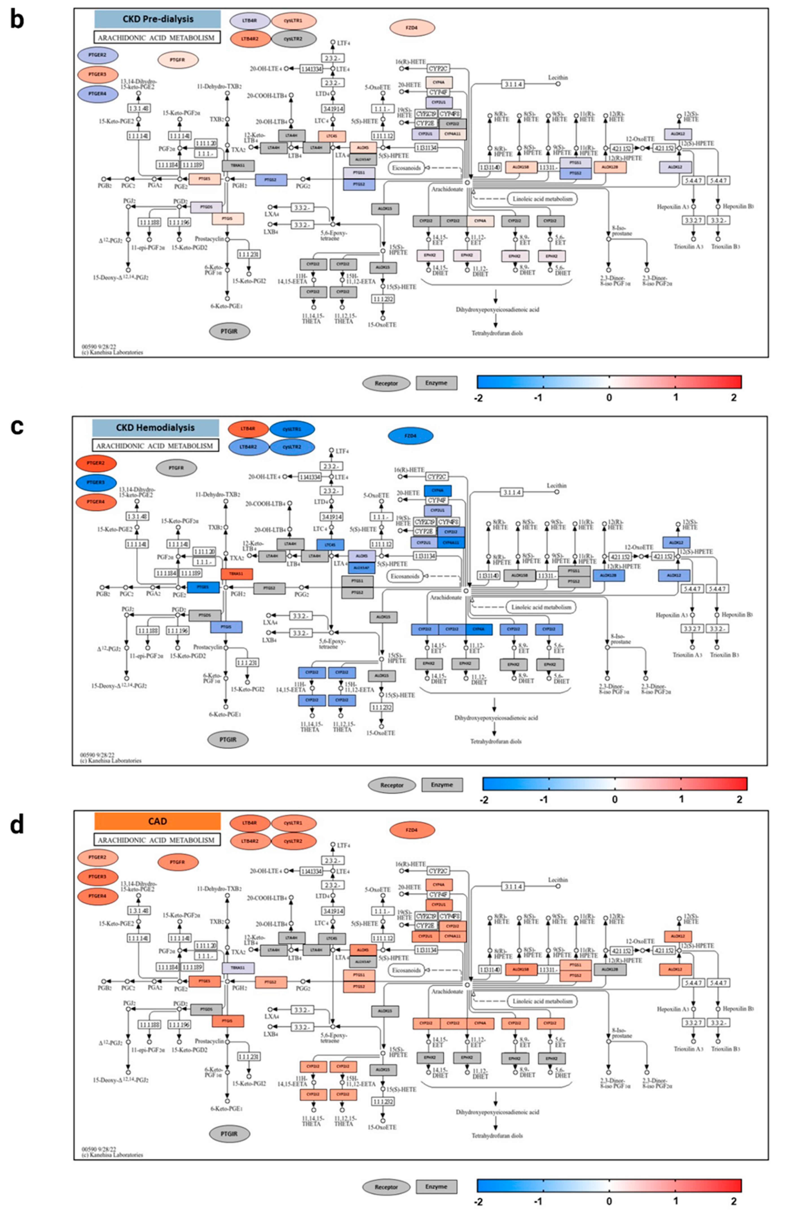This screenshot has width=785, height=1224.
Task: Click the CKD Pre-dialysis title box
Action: click(x=158, y=19)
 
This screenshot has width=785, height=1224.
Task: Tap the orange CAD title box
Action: click(x=158, y=821)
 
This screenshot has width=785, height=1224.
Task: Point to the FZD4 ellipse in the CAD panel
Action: click(x=412, y=830)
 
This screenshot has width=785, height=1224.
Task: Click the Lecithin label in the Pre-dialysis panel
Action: click(x=558, y=77)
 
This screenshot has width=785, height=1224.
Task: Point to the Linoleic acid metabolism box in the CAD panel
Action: click(x=542, y=1001)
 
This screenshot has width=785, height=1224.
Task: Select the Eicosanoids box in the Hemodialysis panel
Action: click(x=405, y=576)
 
